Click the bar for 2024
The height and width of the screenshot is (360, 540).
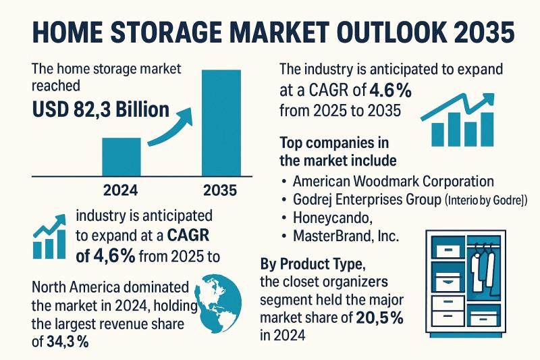tap(122, 157)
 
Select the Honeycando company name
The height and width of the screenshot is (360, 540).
tap(337, 218)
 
